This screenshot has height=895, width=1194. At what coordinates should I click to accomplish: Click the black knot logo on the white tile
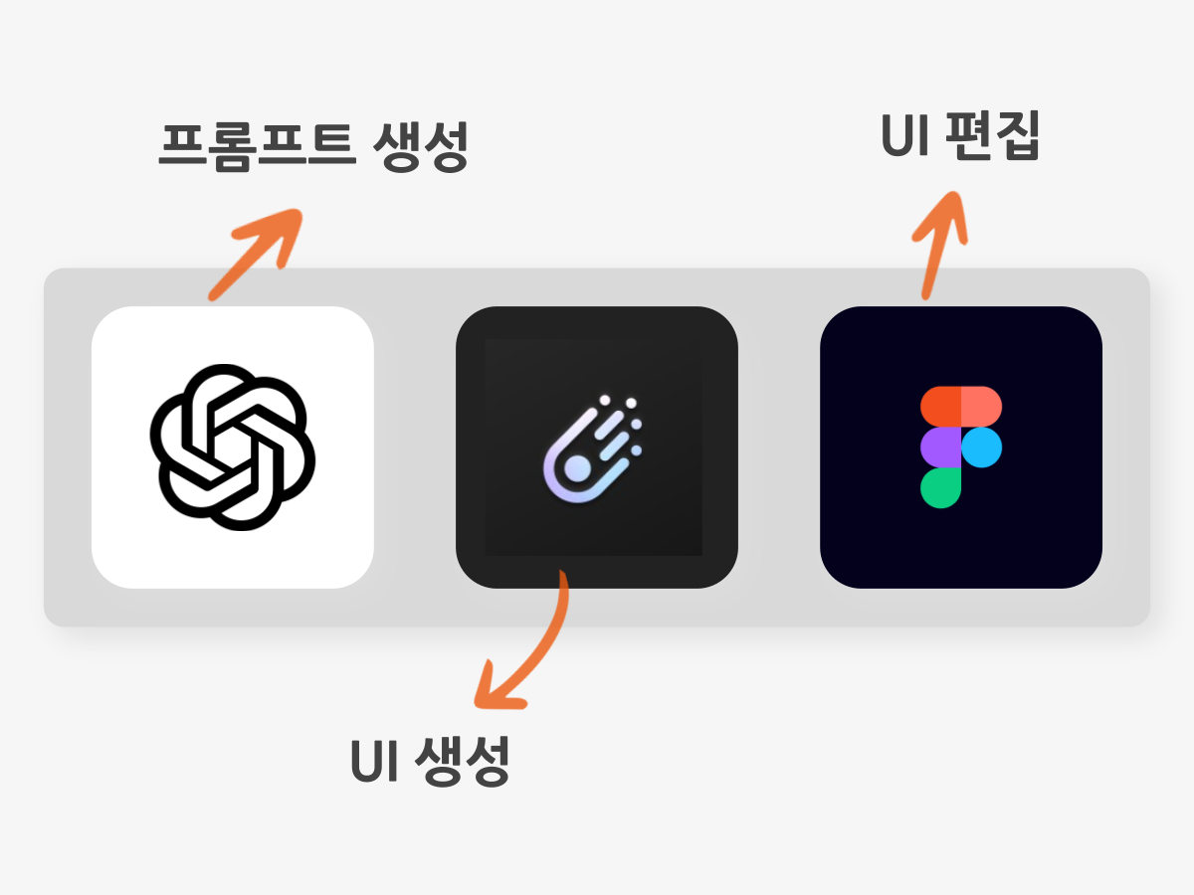pyautogui.click(x=232, y=447)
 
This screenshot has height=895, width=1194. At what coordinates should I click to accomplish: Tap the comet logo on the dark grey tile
pyautogui.click(x=593, y=448)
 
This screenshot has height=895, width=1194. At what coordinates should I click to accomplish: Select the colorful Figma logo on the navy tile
pyautogui.click(x=961, y=447)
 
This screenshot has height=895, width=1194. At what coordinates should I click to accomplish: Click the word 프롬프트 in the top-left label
pyautogui.click(x=258, y=146)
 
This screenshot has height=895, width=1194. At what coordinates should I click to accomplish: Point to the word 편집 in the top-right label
pyautogui.click(x=992, y=136)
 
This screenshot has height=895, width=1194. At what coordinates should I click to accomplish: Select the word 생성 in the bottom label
pyautogui.click(x=463, y=762)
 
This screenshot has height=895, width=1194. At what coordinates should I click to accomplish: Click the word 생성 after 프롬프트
pyautogui.click(x=421, y=146)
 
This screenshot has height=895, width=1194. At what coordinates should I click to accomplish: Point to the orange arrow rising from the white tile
pyautogui.click(x=255, y=255)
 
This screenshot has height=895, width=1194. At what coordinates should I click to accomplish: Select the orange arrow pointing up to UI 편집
pyautogui.click(x=939, y=245)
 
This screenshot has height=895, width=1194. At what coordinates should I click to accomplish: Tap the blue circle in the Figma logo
pyautogui.click(x=982, y=447)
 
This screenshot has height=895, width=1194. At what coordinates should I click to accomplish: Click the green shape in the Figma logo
pyautogui.click(x=940, y=488)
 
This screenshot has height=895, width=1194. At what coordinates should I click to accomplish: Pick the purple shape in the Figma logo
pyautogui.click(x=940, y=447)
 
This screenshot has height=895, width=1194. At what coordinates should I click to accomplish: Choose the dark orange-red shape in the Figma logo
pyautogui.click(x=940, y=407)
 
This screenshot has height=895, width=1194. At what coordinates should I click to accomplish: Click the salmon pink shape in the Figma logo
pyautogui.click(x=981, y=407)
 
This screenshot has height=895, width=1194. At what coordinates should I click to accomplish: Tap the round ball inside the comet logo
pyautogui.click(x=577, y=469)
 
